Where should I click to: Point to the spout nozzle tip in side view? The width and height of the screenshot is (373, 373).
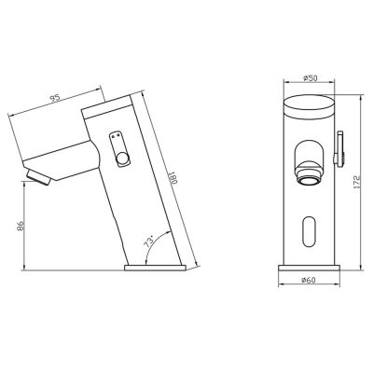37,176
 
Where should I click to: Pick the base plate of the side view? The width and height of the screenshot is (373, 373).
157,266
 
